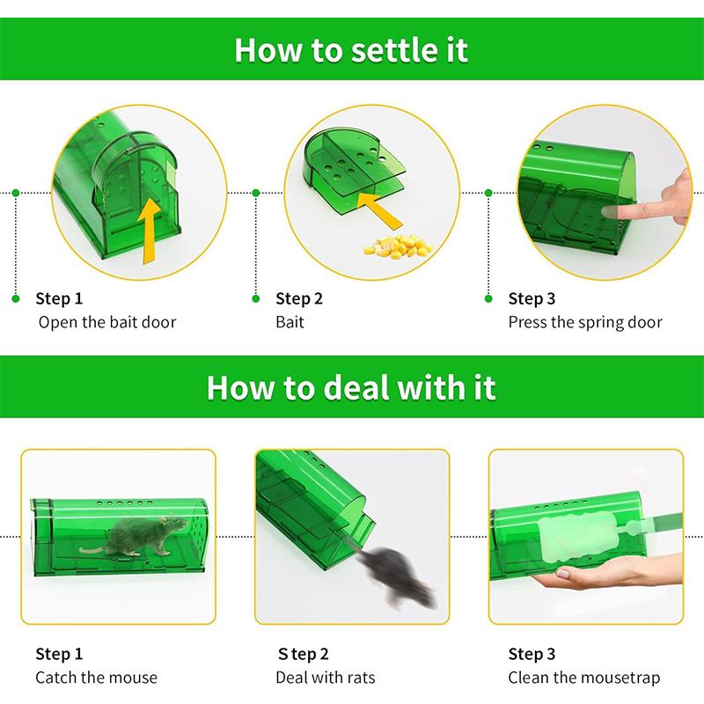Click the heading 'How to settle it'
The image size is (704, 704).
pos(351,49)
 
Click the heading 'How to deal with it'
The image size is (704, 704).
pos(351,386)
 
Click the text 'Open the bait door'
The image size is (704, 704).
pos(106,322)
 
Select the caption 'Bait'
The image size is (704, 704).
pos(290,322)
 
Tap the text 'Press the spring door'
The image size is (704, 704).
pos(585,322)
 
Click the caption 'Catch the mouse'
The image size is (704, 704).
pos(96,678)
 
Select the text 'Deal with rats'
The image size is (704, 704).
pos(325,678)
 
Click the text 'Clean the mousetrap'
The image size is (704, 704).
pos(583,678)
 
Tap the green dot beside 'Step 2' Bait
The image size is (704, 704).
pos(255,299)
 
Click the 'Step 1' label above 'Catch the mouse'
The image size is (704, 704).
pos(59,654)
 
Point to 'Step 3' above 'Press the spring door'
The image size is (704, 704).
pos(532,299)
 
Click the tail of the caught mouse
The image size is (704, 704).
pos(92,550)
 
